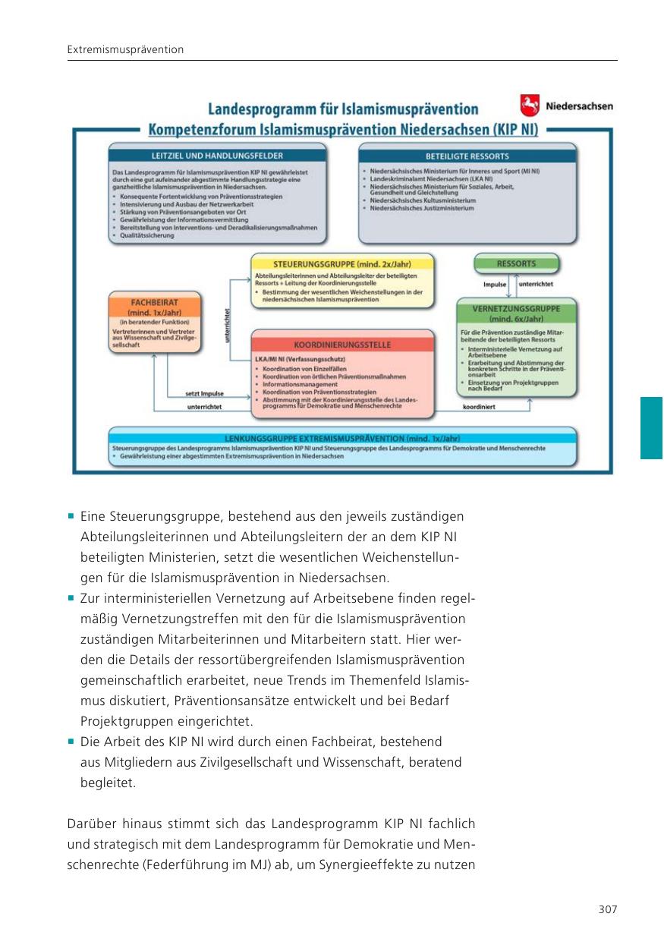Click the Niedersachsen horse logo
coord(530,105)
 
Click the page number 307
coord(608,909)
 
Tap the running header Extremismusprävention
coord(125,50)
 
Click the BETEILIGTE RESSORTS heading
coord(467,155)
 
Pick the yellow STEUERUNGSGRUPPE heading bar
coord(342,263)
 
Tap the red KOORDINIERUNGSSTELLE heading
coord(342,345)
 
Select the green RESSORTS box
coord(516,264)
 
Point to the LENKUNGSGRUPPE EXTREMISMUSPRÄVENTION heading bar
coord(342,439)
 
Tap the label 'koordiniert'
coord(479,408)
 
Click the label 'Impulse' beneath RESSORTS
coord(495,284)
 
